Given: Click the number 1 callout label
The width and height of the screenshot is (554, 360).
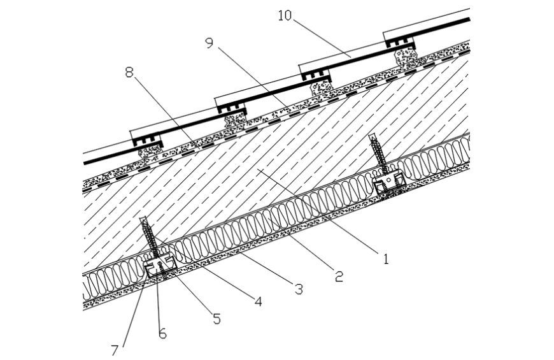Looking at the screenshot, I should (x=384, y=259).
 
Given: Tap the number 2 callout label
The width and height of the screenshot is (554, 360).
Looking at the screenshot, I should (x=338, y=276).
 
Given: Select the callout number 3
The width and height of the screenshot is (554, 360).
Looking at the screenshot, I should (x=297, y=289).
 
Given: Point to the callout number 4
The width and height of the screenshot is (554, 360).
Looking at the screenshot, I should (x=257, y=301).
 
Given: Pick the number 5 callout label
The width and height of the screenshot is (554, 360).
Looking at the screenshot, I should (x=217, y=319).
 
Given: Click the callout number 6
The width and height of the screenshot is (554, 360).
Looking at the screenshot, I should (x=162, y=333).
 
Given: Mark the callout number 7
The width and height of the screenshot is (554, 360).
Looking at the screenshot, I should (x=115, y=350).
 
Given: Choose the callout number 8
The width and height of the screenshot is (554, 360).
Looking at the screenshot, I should (x=129, y=72).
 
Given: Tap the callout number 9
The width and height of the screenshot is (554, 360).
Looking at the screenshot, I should (x=210, y=43).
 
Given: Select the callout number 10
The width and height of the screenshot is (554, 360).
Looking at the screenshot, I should (x=285, y=15).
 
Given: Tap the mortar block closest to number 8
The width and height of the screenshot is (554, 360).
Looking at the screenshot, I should (x=150, y=152).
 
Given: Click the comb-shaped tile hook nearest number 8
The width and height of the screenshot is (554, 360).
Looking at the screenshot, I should (x=148, y=138).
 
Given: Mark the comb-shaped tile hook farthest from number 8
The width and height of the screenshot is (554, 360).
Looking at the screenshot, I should (x=399, y=42).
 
